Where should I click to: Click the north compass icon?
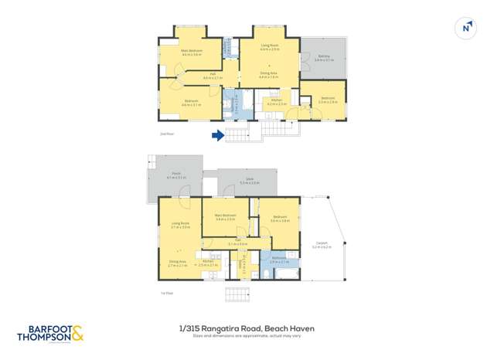(465, 28)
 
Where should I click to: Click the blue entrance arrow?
(218, 136)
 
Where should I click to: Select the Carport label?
(322, 245)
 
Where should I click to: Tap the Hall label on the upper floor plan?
(212, 76)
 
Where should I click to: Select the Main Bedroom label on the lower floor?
(226, 217)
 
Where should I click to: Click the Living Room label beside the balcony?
(269, 47)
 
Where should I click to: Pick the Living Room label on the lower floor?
(179, 226)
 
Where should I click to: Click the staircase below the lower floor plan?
(238, 294)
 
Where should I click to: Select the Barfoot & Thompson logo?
(49, 334)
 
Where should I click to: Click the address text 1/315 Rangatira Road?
(220, 328)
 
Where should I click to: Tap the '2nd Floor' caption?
(164, 134)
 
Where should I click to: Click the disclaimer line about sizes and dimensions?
(247, 336)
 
